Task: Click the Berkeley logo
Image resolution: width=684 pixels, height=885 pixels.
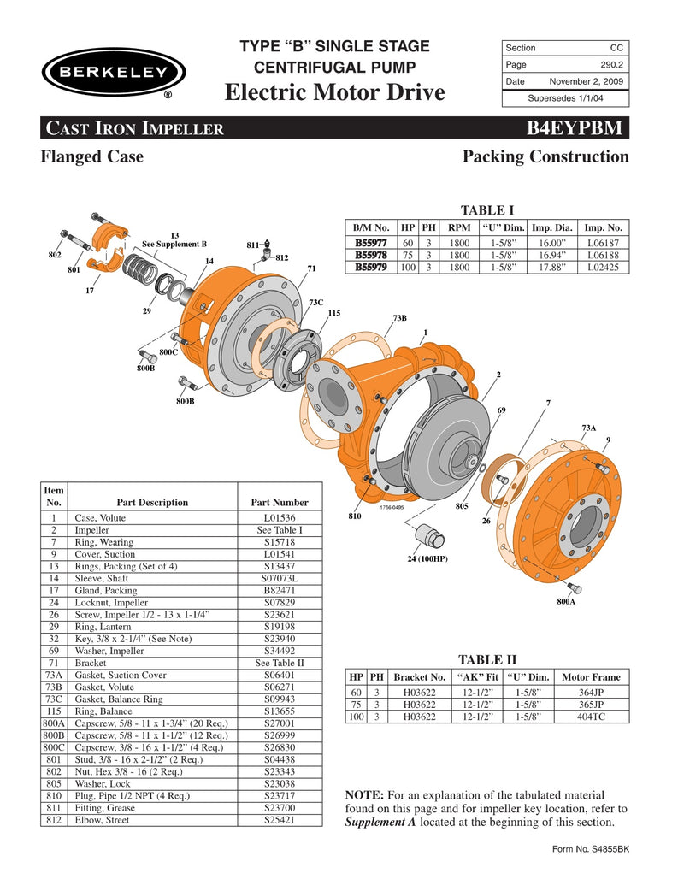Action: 108,72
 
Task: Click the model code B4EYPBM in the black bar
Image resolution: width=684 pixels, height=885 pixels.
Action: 578,129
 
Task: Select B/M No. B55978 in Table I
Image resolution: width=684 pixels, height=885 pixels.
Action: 371,255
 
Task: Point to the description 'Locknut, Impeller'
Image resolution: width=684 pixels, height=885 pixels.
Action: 112,603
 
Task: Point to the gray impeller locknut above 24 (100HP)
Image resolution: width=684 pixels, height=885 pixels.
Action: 429,537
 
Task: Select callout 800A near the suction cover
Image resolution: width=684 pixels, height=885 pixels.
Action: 566,602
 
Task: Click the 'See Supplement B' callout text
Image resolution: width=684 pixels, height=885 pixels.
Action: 174,244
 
